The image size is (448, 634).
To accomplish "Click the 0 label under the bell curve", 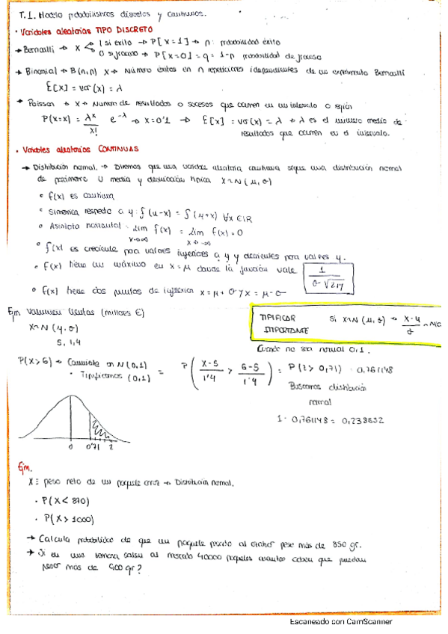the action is point(70,447).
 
